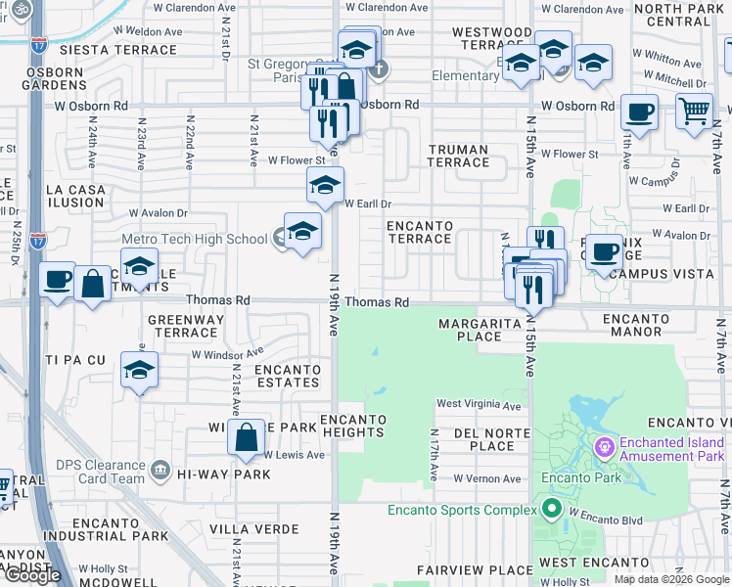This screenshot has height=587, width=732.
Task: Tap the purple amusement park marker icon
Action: pos(605,447)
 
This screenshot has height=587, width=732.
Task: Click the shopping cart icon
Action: pos(694,112)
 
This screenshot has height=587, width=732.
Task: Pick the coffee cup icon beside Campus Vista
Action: pos(604,252)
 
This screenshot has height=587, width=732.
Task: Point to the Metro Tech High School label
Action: pos(194,239)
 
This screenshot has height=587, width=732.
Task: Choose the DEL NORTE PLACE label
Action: pos(478,439)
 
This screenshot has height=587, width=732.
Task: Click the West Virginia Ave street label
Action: pos(479,404)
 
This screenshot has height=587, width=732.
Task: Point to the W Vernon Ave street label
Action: pos(486,478)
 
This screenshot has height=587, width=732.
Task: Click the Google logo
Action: pos(32,575)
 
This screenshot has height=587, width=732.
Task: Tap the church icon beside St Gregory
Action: pos(380,69)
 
